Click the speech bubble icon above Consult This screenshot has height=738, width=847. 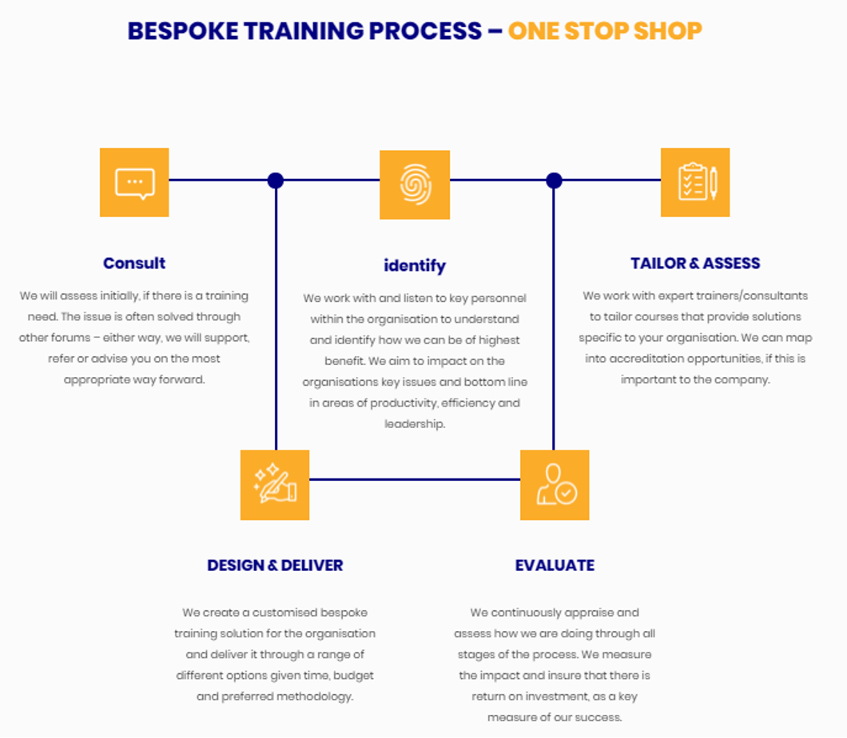[134, 182]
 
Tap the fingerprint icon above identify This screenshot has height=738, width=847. [414, 184]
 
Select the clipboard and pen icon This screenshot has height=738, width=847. [695, 182]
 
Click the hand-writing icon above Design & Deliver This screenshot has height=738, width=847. [275, 485]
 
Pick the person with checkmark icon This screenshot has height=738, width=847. [555, 485]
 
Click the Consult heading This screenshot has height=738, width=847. [134, 263]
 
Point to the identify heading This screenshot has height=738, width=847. [414, 266]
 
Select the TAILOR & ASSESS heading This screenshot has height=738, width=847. [695, 263]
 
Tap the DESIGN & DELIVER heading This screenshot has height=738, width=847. [275, 565]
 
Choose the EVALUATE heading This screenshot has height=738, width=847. [555, 565]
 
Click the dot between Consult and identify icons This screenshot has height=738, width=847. [276, 181]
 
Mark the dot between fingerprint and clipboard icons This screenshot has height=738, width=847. [554, 181]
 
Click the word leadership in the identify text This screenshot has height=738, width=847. [414, 424]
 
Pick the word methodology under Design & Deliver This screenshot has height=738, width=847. [315, 696]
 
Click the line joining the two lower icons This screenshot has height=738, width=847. [414, 479]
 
